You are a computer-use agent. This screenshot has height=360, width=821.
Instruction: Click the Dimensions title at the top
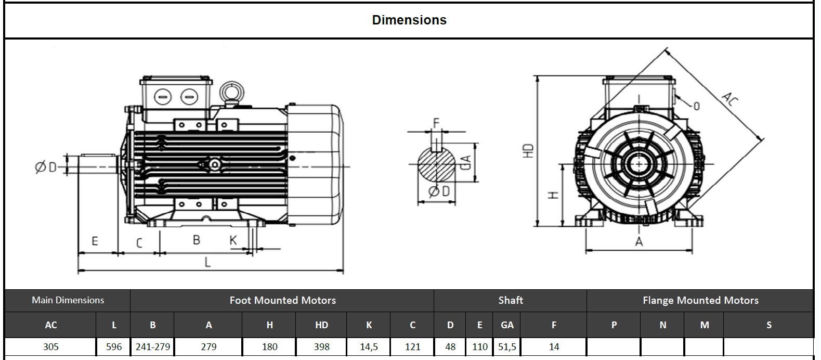(x=409, y=20)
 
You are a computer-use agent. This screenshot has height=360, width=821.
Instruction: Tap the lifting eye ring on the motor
(x=229, y=92)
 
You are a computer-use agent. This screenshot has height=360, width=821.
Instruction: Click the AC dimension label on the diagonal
(x=730, y=98)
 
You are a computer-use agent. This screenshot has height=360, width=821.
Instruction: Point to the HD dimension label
(x=529, y=151)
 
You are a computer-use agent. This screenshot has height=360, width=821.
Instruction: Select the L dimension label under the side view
(x=207, y=262)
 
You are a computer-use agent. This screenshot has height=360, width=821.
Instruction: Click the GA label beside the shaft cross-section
(x=466, y=162)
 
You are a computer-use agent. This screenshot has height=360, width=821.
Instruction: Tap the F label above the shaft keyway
(x=436, y=123)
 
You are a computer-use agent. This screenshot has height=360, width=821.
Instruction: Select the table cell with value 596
(x=114, y=346)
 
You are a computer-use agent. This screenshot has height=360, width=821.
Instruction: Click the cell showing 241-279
(x=152, y=346)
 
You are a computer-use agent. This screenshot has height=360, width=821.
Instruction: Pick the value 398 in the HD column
(x=321, y=346)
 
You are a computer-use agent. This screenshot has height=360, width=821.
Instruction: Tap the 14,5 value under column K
(x=369, y=346)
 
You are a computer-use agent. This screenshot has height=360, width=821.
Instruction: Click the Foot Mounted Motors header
(x=282, y=300)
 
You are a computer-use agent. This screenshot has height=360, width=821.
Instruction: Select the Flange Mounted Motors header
(x=700, y=300)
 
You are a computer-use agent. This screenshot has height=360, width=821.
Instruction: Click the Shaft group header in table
(x=510, y=300)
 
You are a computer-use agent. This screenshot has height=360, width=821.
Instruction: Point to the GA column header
(x=507, y=325)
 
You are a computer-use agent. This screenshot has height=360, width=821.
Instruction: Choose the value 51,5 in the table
(x=507, y=346)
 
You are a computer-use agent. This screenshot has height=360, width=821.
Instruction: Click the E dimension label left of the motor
(x=95, y=241)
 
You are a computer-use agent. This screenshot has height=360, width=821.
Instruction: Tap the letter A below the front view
(x=639, y=242)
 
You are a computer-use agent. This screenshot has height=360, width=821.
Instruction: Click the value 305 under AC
(x=51, y=346)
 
